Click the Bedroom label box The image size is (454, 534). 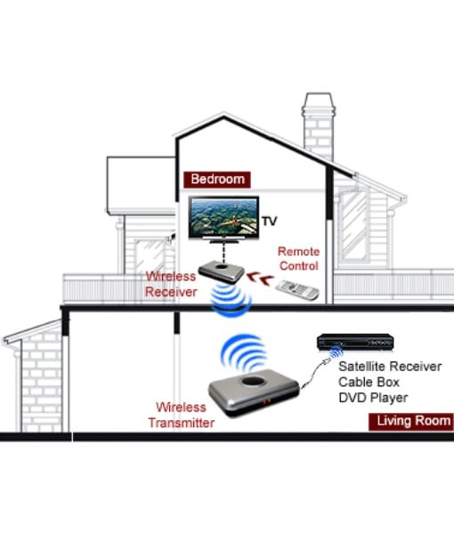pyautogui.click(x=217, y=180)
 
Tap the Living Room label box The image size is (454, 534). pyautogui.click(x=411, y=422)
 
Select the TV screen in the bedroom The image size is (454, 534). pyautogui.click(x=223, y=218)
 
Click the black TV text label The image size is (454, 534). pyautogui.click(x=270, y=221)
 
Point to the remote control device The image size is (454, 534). pyautogui.click(x=297, y=290)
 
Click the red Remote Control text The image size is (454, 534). pyautogui.click(x=299, y=258)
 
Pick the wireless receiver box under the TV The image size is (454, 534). pyautogui.click(x=222, y=271)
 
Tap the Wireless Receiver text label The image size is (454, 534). pyautogui.click(x=171, y=284)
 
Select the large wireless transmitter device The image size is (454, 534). pyautogui.click(x=254, y=392)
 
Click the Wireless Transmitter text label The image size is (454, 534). pyautogui.click(x=182, y=415)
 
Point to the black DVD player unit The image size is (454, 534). pyautogui.click(x=355, y=343)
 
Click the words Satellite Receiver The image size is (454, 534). pyautogui.click(x=390, y=367)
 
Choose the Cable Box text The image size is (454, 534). pyautogui.click(x=369, y=382)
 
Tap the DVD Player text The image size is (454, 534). pyautogui.click(x=373, y=398)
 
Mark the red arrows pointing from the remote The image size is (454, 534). pyautogui.click(x=260, y=279)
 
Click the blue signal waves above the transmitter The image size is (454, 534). pyautogui.click(x=243, y=353)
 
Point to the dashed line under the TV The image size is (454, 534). pyautogui.click(x=223, y=251)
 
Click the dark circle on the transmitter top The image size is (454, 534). pyautogui.click(x=254, y=381)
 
